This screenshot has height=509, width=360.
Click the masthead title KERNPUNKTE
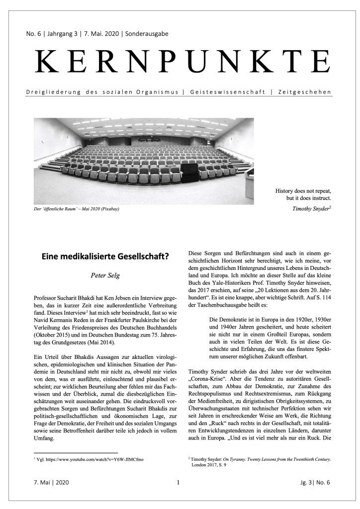182,63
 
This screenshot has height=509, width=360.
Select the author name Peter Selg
104,274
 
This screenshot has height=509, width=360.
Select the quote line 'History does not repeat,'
303,190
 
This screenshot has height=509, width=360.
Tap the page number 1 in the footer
178,483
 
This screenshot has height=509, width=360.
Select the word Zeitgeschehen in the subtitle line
305,93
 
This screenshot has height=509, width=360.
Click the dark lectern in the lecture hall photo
190,173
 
